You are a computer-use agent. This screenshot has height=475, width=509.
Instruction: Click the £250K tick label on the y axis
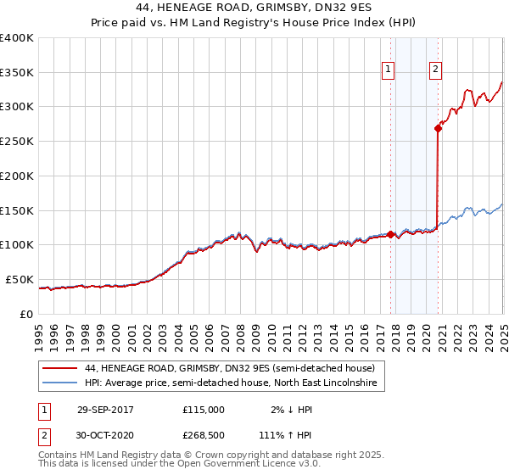16,141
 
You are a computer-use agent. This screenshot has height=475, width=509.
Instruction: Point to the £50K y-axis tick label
20,279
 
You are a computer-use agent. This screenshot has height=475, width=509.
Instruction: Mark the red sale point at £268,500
438,128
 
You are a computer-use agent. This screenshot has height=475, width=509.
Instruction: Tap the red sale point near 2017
390,234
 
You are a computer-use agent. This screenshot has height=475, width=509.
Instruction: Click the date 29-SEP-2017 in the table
105,409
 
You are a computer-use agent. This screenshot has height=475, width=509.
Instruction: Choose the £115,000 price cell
204,409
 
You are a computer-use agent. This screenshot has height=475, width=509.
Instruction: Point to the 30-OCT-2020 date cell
105,434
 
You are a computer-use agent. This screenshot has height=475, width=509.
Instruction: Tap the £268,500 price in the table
204,434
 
